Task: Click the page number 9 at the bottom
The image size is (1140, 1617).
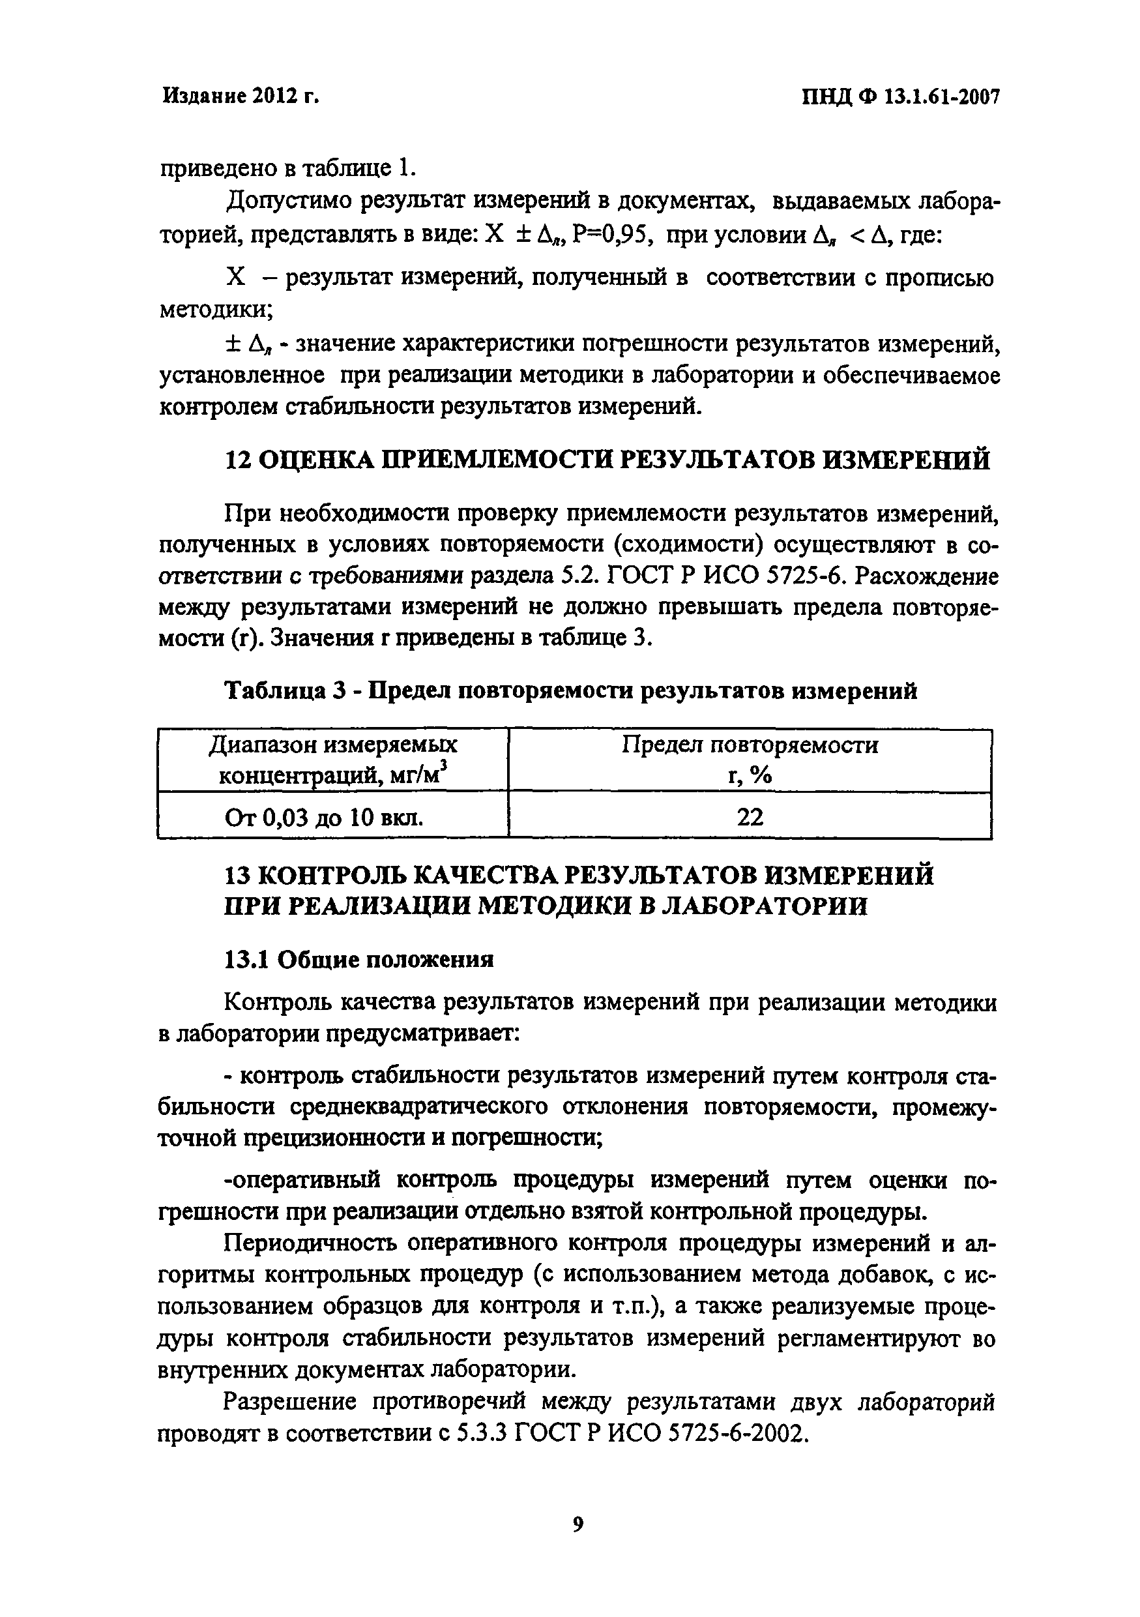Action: click(578, 1525)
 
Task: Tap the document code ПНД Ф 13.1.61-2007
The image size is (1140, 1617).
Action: click(901, 97)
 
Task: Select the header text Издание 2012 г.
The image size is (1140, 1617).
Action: click(241, 96)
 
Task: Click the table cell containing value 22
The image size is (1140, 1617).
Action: click(750, 817)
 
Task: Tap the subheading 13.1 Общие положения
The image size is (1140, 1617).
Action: click(358, 959)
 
